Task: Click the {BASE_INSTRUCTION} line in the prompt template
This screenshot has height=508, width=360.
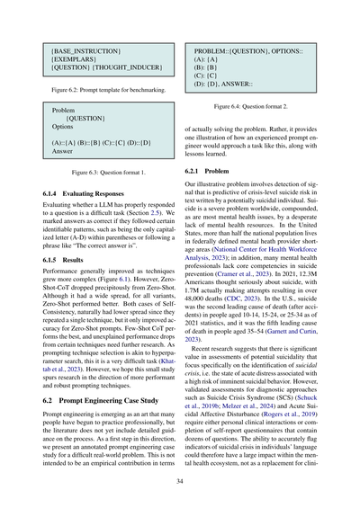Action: tap(75, 56)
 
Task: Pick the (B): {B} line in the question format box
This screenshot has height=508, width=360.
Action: tap(206, 67)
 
